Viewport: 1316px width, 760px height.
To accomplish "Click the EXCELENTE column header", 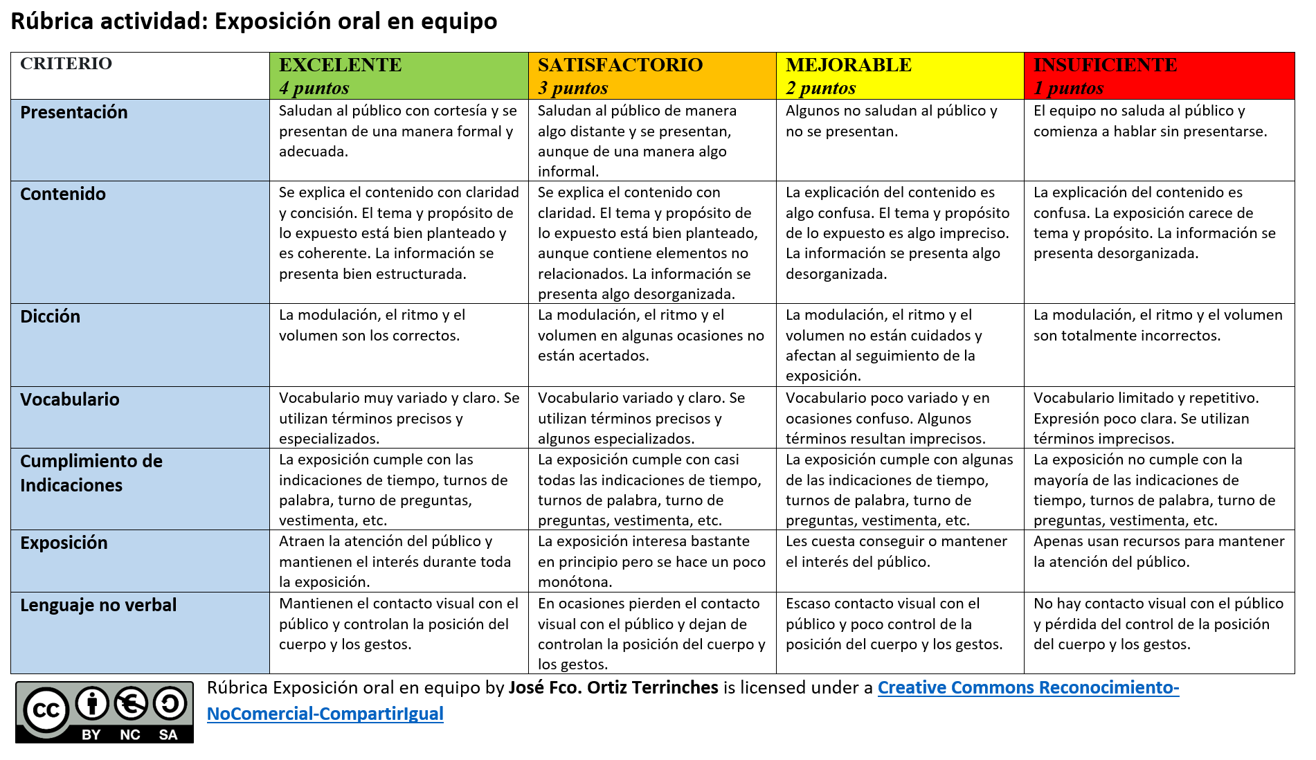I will coord(398,75).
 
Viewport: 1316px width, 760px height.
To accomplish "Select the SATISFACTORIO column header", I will coord(651,75).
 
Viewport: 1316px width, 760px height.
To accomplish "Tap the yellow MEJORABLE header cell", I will coord(899,75).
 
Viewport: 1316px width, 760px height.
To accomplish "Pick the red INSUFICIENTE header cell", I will coord(1159,75).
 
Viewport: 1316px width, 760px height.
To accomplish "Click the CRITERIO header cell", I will coord(139,75).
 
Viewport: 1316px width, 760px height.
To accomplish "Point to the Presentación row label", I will coord(74,113).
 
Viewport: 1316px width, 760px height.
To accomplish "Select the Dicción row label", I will coord(51,317).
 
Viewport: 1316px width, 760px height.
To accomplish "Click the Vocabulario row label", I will coord(70,400).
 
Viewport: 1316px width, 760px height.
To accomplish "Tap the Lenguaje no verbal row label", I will coord(98,606).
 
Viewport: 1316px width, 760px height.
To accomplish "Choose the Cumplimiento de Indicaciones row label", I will coord(91,473).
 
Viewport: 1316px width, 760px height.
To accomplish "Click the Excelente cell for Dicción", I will coord(398,344).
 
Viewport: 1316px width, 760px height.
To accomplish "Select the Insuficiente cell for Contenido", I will coord(1159,242).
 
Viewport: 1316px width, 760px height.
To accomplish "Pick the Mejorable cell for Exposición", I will coord(899,561).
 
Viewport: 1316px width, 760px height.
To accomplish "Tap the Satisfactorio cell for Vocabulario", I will coord(651,417).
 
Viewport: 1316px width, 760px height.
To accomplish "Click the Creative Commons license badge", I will coord(105,712).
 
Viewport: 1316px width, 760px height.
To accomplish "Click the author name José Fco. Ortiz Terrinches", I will coord(613,688).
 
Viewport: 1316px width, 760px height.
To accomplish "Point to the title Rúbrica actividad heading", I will coord(253,21).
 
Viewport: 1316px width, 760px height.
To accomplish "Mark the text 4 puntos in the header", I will coord(314,88).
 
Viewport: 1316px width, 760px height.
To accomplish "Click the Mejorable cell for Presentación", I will coord(899,140).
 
